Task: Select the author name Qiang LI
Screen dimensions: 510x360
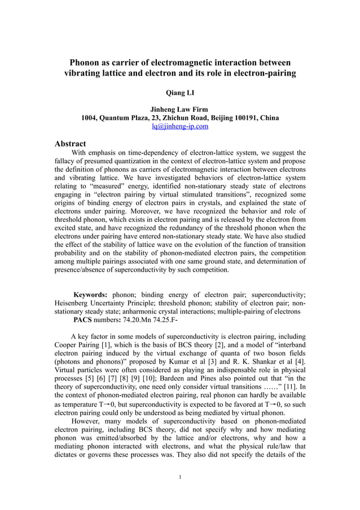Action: pos(180,90)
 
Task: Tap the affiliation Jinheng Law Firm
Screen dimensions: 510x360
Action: pos(179,109)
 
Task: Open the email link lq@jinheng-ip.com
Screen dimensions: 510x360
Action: pos(179,127)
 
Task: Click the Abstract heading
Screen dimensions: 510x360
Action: pos(70,143)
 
